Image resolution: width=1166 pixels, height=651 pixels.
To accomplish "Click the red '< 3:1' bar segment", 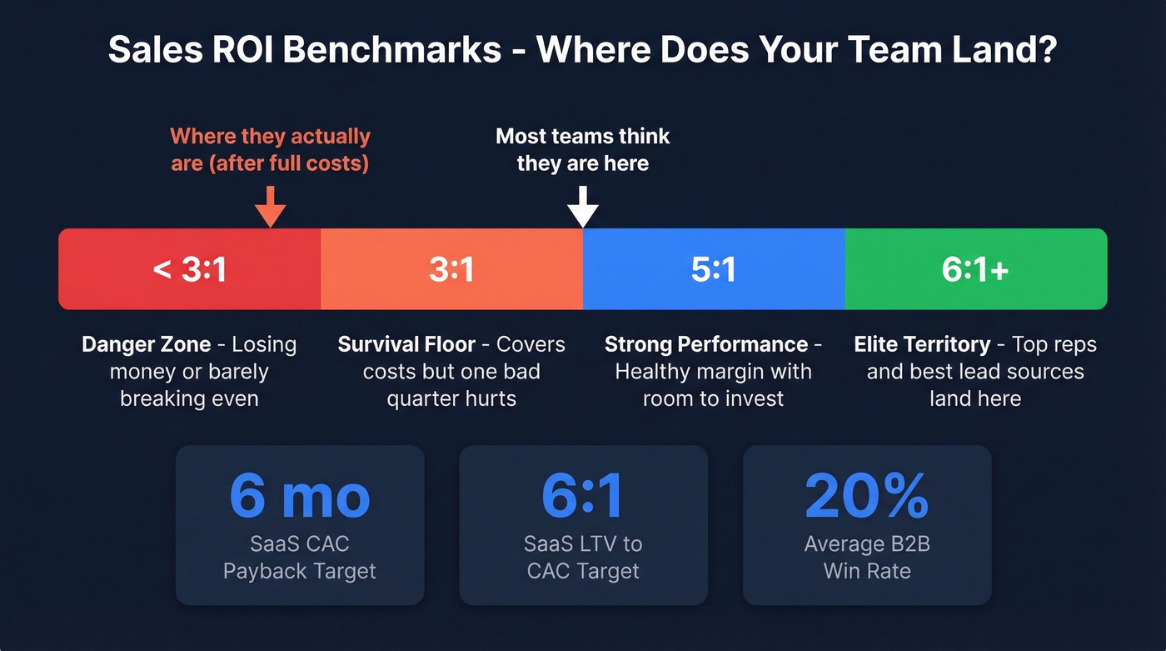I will [x=189, y=269].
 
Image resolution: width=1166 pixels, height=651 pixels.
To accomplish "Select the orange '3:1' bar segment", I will [x=451, y=269].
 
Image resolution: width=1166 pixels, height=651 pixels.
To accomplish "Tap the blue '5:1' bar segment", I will [x=714, y=269].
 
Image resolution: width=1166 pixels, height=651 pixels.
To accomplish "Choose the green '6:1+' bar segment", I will [x=975, y=269].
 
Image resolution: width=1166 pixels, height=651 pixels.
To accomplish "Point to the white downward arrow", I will [x=583, y=207].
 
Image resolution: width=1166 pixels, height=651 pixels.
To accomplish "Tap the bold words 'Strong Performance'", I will [x=706, y=345].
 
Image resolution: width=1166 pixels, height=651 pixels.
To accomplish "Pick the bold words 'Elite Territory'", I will [x=922, y=345].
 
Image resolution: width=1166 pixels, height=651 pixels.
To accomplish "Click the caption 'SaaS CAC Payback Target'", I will [x=300, y=558].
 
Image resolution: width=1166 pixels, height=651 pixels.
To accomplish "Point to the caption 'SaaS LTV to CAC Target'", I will [x=583, y=558].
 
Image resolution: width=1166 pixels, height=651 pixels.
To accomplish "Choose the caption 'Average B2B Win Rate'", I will [x=867, y=558].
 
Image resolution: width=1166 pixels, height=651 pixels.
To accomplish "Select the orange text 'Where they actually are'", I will [x=270, y=149].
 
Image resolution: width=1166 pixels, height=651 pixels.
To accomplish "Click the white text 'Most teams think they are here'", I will [x=583, y=149].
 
